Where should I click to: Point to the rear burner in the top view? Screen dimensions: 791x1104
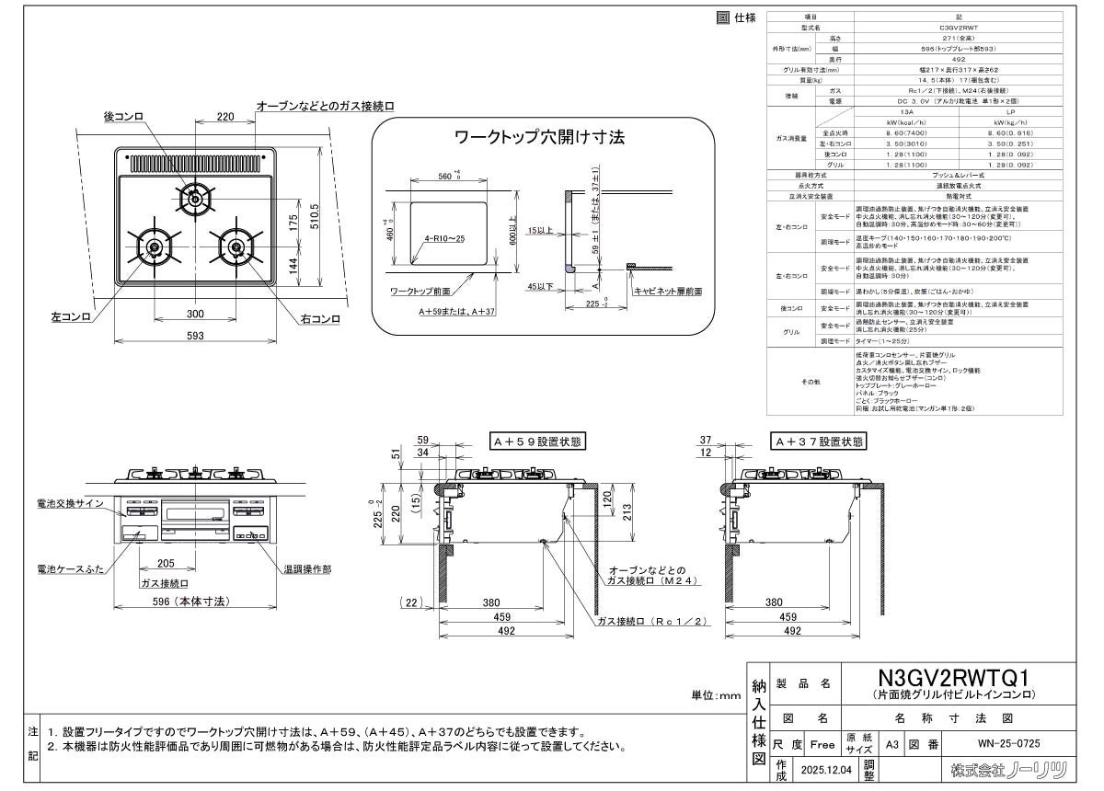(194, 196)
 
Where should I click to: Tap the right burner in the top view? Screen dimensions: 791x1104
(236, 246)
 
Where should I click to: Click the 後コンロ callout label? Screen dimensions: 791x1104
(122, 116)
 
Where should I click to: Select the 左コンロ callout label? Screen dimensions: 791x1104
(70, 317)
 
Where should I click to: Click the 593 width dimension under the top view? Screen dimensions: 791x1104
(194, 336)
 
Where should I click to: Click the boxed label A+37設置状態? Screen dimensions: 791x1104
(819, 442)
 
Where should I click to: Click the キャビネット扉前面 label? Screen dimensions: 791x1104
(667, 291)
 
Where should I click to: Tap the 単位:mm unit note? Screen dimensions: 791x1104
(715, 695)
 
